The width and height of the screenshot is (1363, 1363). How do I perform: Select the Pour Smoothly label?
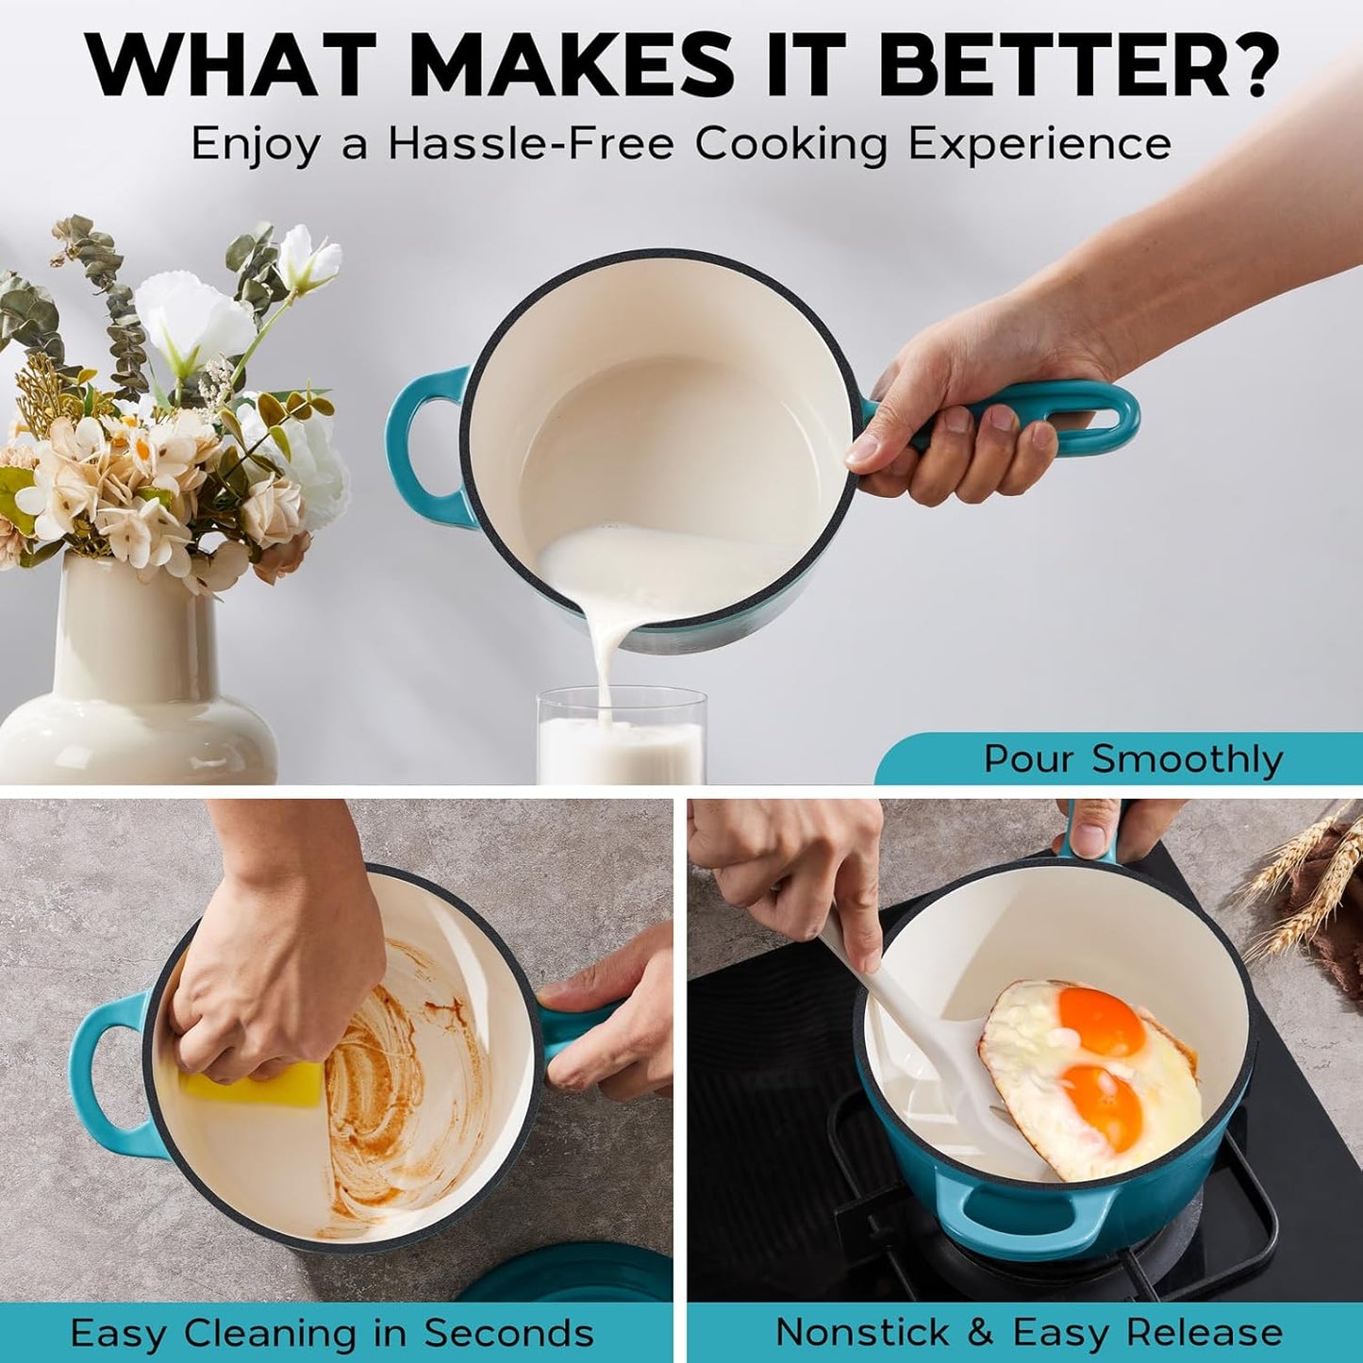click(x=1133, y=759)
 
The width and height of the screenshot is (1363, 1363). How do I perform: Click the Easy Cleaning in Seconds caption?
click(x=332, y=1333)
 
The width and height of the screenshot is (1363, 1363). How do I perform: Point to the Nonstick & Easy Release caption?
click(x=1028, y=1333)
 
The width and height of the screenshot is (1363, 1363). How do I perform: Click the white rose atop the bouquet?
click(x=308, y=255)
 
